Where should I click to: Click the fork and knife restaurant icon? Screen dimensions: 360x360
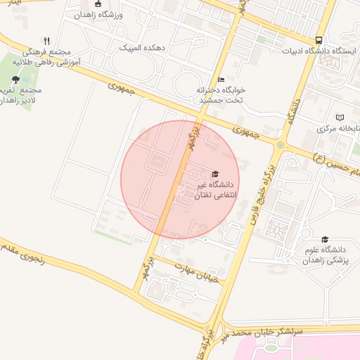click(x=46, y=41)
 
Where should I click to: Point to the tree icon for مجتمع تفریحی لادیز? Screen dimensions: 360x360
click(x=15, y=79)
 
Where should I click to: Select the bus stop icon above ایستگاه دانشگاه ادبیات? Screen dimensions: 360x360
click(x=319, y=40)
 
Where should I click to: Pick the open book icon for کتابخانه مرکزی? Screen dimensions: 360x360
click(x=341, y=117)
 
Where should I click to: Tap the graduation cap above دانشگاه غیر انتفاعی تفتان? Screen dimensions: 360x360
click(x=215, y=174)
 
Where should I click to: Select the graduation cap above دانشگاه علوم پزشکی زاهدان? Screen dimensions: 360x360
click(x=325, y=239)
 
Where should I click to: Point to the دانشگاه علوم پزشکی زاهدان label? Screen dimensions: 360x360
click(x=326, y=255)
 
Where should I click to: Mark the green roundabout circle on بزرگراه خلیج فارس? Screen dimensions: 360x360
click(x=281, y=145)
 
